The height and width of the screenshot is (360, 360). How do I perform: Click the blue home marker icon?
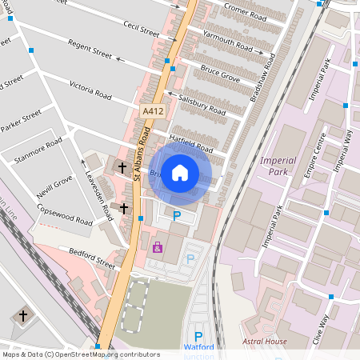click(180, 173)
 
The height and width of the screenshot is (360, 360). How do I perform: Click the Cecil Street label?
click(142, 29)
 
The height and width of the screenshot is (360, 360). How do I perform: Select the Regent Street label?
click(90, 54)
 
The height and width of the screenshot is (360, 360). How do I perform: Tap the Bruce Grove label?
click(220, 74)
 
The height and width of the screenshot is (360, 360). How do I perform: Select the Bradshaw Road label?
click(263, 80)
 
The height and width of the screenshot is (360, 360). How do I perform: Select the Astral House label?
click(266, 342)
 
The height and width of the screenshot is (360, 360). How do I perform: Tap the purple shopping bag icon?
click(158, 247)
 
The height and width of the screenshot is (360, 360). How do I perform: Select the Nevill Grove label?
click(54, 188)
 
